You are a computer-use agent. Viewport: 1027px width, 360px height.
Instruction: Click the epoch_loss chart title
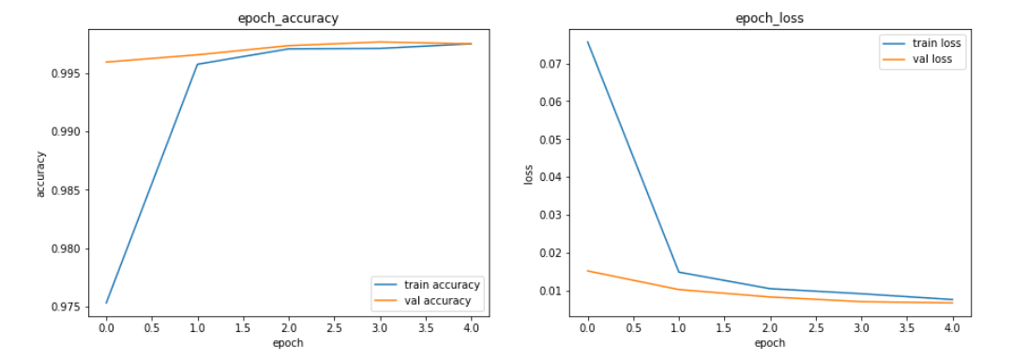point(769,17)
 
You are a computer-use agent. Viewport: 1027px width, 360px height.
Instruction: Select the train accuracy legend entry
point(442,284)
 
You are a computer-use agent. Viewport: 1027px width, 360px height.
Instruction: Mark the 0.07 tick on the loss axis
point(549,64)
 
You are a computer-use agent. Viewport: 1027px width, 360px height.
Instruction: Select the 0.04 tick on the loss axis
point(549,177)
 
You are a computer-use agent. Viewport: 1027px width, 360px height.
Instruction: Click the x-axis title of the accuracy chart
point(289,343)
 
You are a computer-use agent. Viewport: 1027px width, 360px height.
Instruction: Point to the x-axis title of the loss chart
point(769,343)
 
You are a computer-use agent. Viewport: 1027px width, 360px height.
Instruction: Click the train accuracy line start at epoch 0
point(106,303)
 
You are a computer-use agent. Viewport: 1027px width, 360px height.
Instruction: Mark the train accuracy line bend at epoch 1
point(197,64)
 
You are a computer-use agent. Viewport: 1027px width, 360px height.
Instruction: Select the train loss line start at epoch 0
point(587,41)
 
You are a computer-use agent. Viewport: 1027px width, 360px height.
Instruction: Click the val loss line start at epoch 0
point(587,271)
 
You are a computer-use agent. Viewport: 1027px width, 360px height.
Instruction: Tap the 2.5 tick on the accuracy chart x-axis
point(335,328)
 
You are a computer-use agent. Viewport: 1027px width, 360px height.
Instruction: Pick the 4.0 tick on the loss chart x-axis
point(952,328)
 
